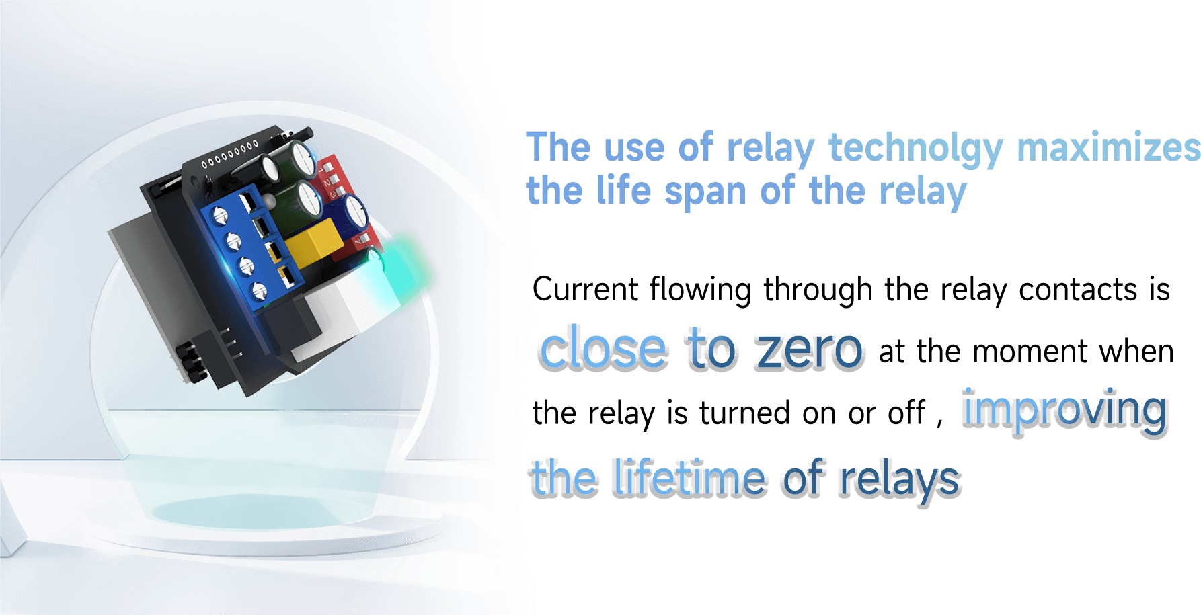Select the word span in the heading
[705, 192]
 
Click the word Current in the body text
[585, 290]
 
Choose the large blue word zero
[809, 349]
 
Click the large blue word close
[603, 347]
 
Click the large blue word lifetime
[689, 477]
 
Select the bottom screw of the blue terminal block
[259, 291]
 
